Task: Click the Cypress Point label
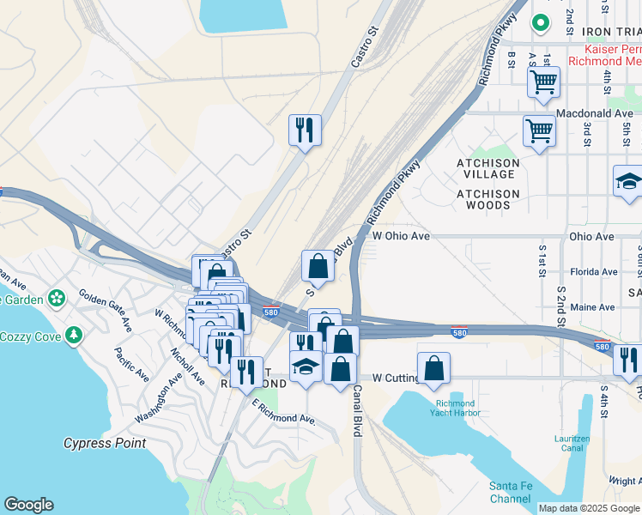[x=105, y=444]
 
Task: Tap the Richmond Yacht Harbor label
[x=456, y=408]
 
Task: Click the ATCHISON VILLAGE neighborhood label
[x=488, y=168]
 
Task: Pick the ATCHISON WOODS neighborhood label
[x=488, y=199]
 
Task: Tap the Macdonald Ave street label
[x=594, y=113]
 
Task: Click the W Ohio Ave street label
[x=400, y=236]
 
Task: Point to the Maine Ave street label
[x=592, y=307]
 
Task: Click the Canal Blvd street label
[x=355, y=412]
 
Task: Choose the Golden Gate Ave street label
[x=106, y=310]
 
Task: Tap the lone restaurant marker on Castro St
[x=305, y=130]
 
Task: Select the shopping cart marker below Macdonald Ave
[x=539, y=131]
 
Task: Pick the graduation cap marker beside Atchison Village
[x=629, y=181]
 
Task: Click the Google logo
[x=28, y=505]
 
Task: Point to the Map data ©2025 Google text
[x=589, y=508]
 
